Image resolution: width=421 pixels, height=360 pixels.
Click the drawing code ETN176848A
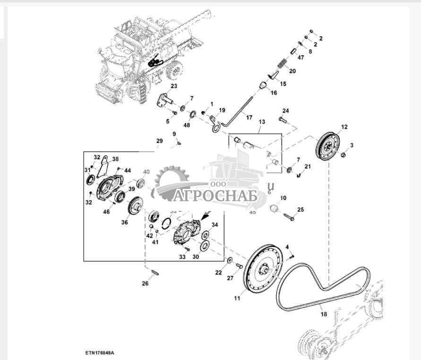[x=100, y=353]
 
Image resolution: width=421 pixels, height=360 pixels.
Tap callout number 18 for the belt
[x=323, y=314]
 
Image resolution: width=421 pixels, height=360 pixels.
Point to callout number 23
[x=173, y=86]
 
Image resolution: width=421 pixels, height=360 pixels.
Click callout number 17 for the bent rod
[x=249, y=117]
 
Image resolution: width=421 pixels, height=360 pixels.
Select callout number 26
[x=145, y=283]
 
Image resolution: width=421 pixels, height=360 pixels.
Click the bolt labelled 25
[x=288, y=218]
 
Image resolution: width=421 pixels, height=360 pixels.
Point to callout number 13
[x=261, y=122]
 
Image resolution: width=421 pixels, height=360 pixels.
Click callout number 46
[x=106, y=211]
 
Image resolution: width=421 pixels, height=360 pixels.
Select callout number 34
[x=214, y=225]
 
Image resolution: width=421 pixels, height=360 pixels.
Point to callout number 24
[x=285, y=111]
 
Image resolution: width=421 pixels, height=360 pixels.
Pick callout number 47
[x=301, y=57]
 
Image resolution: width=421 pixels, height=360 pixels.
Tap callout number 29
[x=159, y=141]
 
